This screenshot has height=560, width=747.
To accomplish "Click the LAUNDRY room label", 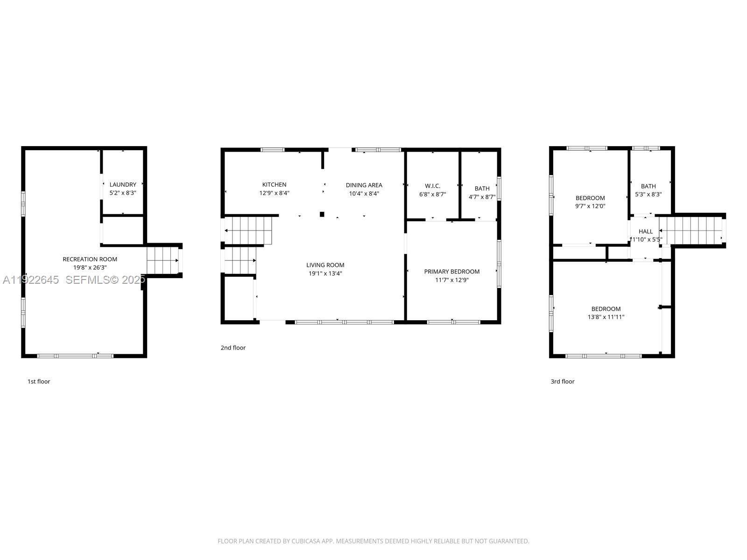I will pyautogui.click(x=123, y=184).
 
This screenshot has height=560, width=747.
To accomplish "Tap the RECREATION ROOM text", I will pyautogui.click(x=90, y=259).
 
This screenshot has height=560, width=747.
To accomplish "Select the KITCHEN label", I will pyautogui.click(x=274, y=184).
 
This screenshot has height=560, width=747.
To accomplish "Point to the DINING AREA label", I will pyautogui.click(x=364, y=185).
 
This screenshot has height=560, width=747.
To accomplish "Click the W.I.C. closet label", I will pyautogui.click(x=432, y=186).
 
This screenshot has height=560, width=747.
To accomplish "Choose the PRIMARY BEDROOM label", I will pyautogui.click(x=451, y=271).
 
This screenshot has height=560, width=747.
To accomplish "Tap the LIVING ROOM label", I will pyautogui.click(x=325, y=265).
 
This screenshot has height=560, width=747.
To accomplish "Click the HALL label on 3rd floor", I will pyautogui.click(x=646, y=231).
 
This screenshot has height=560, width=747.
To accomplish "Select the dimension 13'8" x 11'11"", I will pyautogui.click(x=606, y=317).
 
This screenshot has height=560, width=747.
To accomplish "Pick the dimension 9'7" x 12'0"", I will pyautogui.click(x=590, y=206).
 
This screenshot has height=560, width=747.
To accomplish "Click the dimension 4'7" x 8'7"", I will pyautogui.click(x=482, y=197).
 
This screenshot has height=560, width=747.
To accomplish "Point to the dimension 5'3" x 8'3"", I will pyautogui.click(x=648, y=194).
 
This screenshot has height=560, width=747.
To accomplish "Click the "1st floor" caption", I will pyautogui.click(x=39, y=381).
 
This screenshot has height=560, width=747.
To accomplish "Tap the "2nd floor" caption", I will pyautogui.click(x=233, y=347).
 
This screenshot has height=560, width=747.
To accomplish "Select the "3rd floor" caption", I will pyautogui.click(x=562, y=381).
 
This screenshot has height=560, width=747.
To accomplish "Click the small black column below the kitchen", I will pyautogui.click(x=322, y=214).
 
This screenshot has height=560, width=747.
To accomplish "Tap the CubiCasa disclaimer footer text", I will pyautogui.click(x=373, y=541).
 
